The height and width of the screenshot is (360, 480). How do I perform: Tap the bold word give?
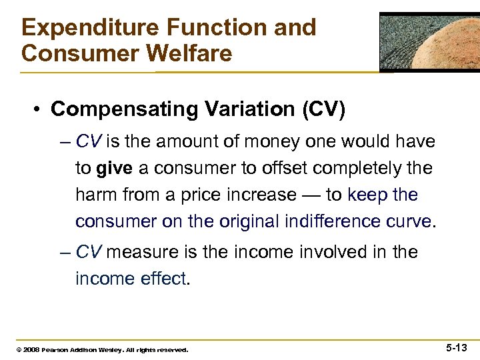pyautogui.click(x=115, y=169)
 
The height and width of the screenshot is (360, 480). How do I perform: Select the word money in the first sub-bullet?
pyautogui.click(x=271, y=142)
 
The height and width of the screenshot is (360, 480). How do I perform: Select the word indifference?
pyautogui.click(x=329, y=221)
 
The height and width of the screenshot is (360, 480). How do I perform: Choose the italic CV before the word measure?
pyautogui.click(x=88, y=252)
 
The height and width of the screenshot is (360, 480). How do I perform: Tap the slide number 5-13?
pyautogui.click(x=456, y=347)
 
